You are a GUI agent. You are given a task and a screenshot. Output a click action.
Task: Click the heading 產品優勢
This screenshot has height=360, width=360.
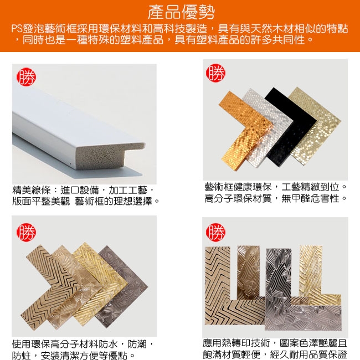pos(181,12)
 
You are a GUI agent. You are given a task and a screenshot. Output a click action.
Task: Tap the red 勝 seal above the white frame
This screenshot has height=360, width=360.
pos(26,76)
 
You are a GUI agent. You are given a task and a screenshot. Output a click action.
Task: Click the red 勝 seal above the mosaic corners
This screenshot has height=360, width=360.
pos(215,73)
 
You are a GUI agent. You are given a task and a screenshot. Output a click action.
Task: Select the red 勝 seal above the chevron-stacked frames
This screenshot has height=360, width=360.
pos(26,232)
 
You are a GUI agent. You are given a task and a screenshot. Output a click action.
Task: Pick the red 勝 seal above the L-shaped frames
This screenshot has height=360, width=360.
pos(215,232)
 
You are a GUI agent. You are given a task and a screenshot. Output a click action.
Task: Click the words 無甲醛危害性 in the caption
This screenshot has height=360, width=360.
pos(310,198)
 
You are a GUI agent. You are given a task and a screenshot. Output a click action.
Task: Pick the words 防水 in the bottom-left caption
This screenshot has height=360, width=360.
pos(108,344)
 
